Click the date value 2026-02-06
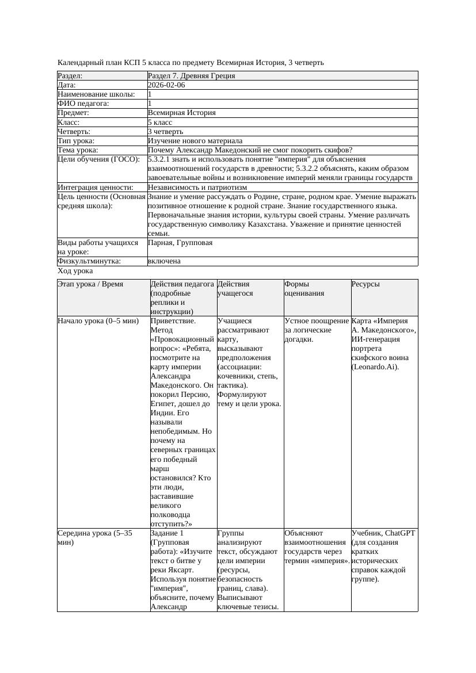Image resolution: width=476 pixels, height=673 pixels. [166, 85]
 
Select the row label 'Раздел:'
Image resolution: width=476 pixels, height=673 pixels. [70, 76]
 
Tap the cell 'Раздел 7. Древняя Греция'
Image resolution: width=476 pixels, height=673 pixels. [191, 76]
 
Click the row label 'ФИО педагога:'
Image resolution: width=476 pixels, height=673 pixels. [83, 104]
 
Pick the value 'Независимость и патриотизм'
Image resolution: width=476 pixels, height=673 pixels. [197, 188]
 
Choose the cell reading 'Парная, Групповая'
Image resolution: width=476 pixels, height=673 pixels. [180, 243]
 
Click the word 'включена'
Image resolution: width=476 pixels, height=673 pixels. [164, 261]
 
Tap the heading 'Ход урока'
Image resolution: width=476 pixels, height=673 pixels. [75, 271]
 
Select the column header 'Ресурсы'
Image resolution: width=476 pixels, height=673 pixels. [365, 284]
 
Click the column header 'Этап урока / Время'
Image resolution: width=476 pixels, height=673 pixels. [90, 284]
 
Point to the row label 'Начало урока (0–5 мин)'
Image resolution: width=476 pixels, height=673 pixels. [98, 321]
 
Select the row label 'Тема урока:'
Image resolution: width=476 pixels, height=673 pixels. [78, 150]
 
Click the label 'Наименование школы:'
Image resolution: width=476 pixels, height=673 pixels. [97, 94]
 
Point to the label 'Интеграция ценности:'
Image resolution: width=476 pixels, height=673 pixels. [96, 188]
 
